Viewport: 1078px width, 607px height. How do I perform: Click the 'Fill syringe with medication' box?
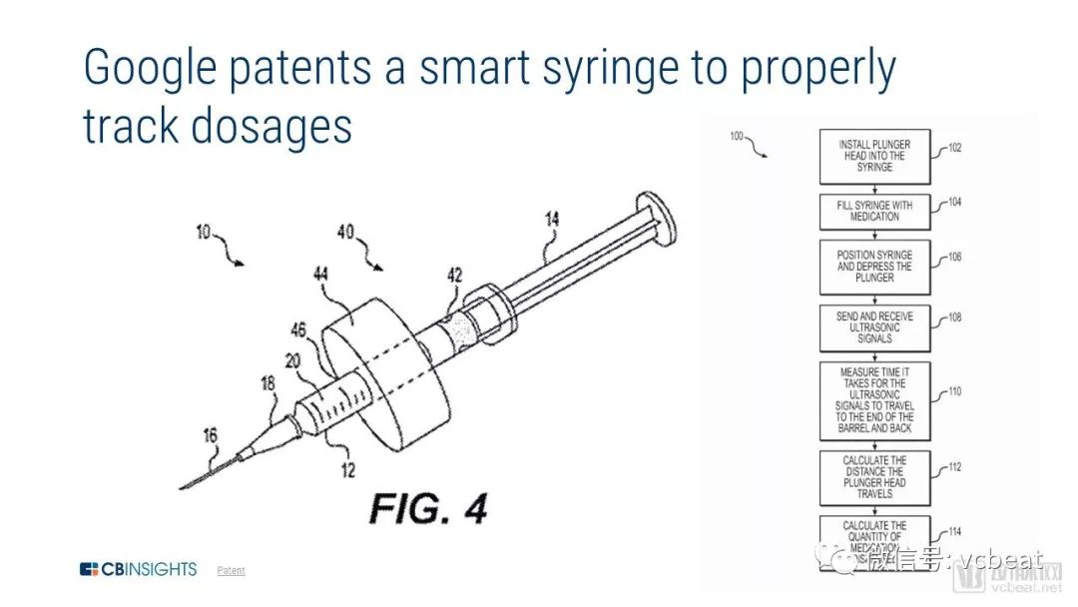coord(873,211)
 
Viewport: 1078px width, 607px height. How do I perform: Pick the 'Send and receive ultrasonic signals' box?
coord(873,327)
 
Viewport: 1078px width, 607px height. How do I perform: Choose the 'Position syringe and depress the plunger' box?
coord(873,267)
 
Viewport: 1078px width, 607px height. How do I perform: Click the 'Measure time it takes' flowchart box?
coord(873,400)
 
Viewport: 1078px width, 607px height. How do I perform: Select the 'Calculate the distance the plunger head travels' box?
coord(873,477)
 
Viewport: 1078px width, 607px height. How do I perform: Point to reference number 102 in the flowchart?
coord(955,149)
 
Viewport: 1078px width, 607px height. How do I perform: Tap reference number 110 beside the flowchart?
coord(955,391)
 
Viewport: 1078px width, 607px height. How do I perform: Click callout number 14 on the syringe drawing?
coord(552,217)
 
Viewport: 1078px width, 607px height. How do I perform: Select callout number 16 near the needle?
coord(209,435)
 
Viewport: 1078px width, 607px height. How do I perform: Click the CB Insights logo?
coord(139,569)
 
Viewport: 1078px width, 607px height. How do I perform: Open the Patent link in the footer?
coord(231,570)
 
